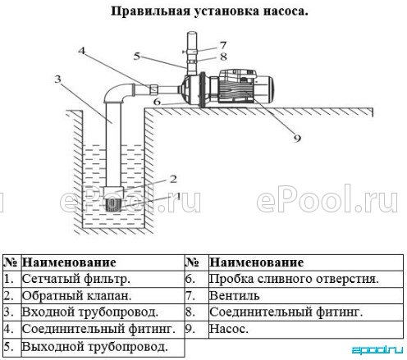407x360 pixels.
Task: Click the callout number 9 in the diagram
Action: click(x=297, y=138)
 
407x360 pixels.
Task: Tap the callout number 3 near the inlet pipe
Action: click(x=57, y=79)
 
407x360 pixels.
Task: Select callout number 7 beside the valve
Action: click(x=223, y=45)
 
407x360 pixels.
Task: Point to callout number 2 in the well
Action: click(x=173, y=179)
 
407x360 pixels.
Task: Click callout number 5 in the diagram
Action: click(x=136, y=57)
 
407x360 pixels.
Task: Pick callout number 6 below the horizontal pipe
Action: click(x=157, y=102)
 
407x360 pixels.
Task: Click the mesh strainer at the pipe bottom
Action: click(x=113, y=204)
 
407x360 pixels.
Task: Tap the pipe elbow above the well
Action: click(x=117, y=93)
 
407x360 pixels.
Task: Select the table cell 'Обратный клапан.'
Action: click(x=76, y=296)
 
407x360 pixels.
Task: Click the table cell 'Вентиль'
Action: click(x=234, y=296)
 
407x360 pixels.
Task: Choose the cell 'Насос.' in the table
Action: click(x=229, y=329)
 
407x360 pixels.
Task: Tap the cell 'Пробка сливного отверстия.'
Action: click(x=294, y=279)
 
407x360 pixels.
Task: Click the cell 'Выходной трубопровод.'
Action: click(x=94, y=347)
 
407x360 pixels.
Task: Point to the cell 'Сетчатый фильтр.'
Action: click(x=75, y=279)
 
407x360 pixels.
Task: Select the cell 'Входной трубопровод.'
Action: click(x=90, y=312)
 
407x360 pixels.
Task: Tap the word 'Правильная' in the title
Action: click(x=150, y=11)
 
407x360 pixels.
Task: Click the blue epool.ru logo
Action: click(x=377, y=349)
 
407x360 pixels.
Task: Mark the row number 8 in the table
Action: click(x=190, y=312)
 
